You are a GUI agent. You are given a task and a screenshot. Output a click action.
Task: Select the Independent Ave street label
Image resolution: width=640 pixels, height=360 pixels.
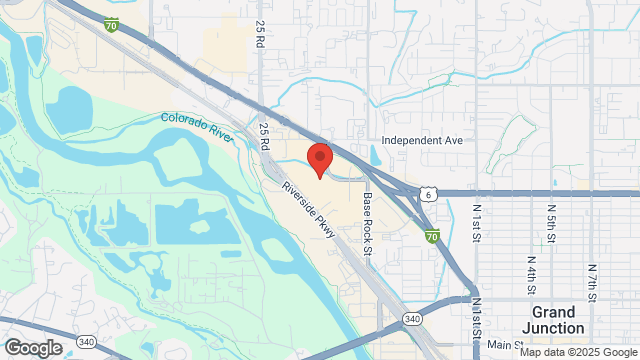point(422,141)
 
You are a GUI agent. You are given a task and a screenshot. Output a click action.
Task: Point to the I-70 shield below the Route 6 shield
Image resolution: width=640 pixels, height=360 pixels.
point(431,236)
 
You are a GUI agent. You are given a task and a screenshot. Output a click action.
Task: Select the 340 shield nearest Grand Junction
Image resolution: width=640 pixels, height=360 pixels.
point(411,318)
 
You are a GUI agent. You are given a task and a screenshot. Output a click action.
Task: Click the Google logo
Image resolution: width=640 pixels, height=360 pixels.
point(33,347)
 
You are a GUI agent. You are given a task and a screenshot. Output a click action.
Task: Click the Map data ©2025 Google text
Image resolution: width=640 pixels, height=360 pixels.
point(576,352)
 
